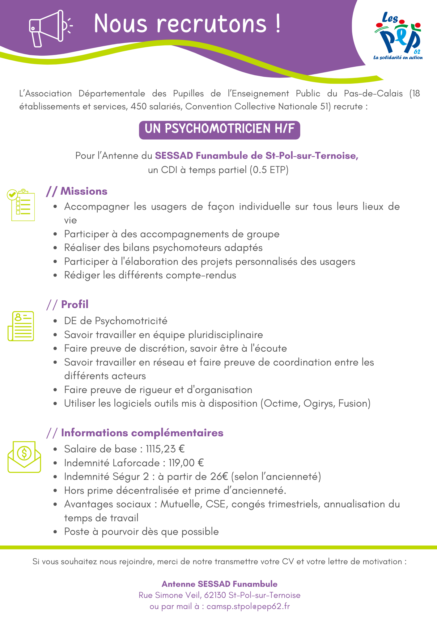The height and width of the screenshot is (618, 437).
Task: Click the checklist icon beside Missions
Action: [x=21, y=205]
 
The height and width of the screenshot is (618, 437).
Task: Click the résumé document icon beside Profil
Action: [x=21, y=326]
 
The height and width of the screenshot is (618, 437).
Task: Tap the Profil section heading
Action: [x=74, y=304]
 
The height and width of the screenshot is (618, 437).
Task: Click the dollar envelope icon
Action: [x=24, y=457]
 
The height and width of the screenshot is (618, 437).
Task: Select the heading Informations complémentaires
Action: [x=142, y=433]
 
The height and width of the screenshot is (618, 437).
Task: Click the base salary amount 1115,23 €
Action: [x=165, y=449]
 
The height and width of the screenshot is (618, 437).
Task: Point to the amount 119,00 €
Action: [x=186, y=463]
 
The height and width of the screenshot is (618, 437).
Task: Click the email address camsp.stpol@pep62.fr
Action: [x=248, y=607]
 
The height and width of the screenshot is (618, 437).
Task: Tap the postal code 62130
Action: [x=215, y=595]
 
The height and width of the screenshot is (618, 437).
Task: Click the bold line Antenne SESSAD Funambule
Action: [x=219, y=584]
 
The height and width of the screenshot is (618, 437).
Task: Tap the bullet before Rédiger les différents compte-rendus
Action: [x=55, y=275]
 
